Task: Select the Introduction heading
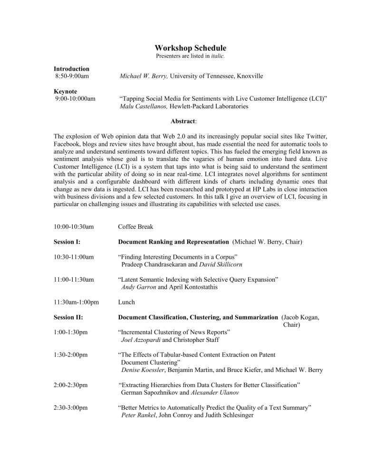[71, 68]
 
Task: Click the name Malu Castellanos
[141, 107]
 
